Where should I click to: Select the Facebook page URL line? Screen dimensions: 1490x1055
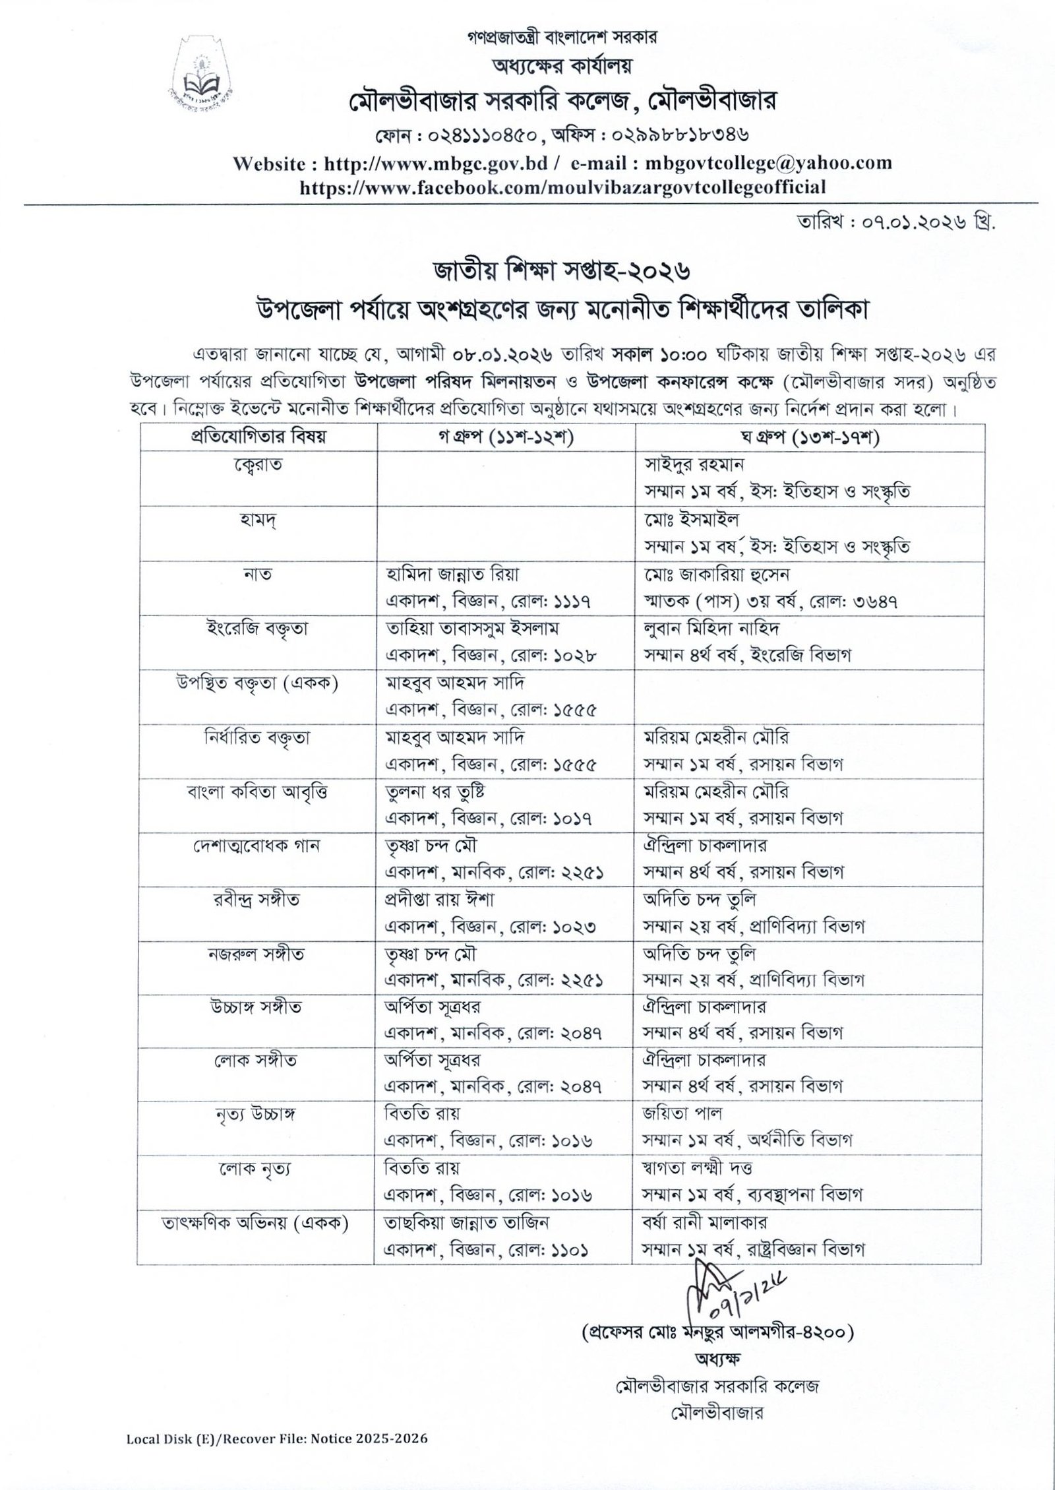[562, 187]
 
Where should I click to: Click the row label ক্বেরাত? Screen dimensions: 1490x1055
[257, 465]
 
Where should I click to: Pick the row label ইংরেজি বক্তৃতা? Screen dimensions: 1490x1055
[257, 628]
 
